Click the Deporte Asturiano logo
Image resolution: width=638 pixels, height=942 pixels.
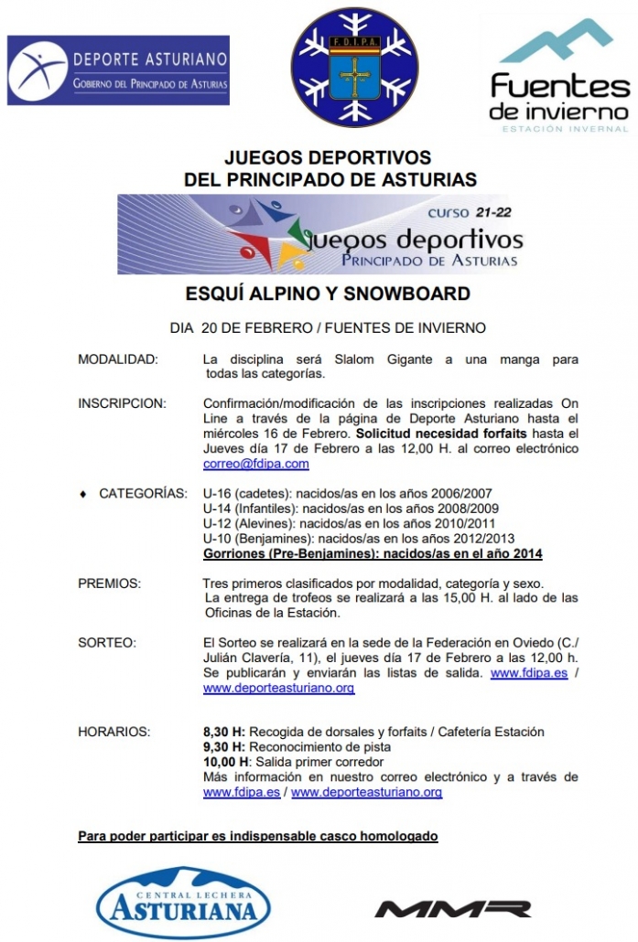coord(118,70)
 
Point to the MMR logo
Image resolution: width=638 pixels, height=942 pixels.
coord(453,908)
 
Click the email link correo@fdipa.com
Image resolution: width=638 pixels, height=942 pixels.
coord(243,464)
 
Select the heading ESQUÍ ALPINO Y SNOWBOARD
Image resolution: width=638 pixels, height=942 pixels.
coord(328,294)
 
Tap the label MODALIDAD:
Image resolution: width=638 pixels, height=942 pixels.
coord(118,359)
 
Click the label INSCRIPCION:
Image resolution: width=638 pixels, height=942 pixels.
coord(122,403)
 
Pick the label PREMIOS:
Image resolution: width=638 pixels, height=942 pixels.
coord(109,583)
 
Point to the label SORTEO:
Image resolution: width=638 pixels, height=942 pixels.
coord(107,643)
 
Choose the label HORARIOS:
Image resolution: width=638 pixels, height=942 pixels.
coord(114,732)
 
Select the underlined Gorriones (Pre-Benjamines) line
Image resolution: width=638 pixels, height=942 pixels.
coord(372,553)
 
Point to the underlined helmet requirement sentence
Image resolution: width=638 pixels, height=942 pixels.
coord(258,836)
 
